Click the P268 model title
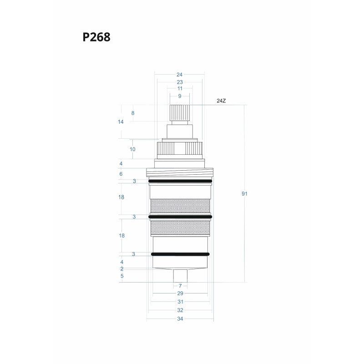click(x=96, y=37)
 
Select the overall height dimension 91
click(x=244, y=194)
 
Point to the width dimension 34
click(x=180, y=319)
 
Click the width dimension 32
click(x=180, y=310)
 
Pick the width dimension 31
click(x=180, y=302)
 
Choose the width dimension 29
click(x=180, y=293)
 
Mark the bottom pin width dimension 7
click(x=180, y=286)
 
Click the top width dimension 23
click(x=180, y=82)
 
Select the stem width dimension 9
click(x=180, y=96)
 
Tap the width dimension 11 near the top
click(x=180, y=89)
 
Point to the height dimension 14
click(x=121, y=122)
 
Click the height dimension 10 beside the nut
click(x=133, y=149)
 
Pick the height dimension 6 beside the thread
click(x=121, y=174)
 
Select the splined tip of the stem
click(x=180, y=112)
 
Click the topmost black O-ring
click(x=180, y=181)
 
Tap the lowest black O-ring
click(x=180, y=254)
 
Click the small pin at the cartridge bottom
click(x=180, y=276)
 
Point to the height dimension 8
click(x=133, y=113)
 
